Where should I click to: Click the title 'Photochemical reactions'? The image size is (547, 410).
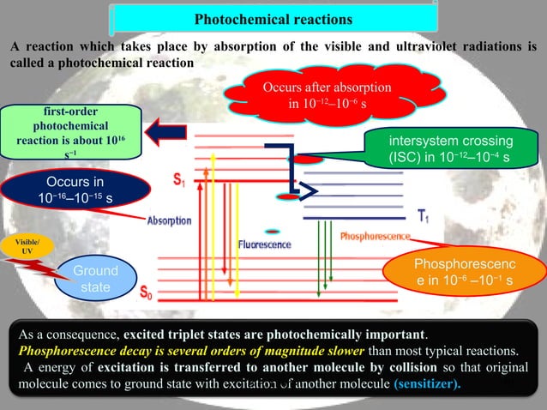[x=273, y=18]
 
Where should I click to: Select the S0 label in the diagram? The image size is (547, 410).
[x=147, y=292]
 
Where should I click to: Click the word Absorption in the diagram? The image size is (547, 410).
[x=169, y=220]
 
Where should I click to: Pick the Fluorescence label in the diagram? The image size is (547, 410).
[x=264, y=244]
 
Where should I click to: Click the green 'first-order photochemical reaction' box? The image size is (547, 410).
[x=70, y=131]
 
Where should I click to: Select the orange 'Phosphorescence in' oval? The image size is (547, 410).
[x=464, y=272]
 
